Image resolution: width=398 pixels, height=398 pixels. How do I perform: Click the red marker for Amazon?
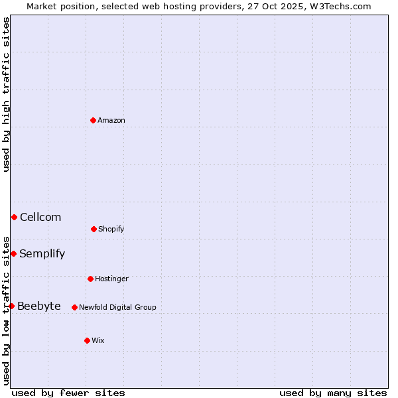click(x=94, y=120)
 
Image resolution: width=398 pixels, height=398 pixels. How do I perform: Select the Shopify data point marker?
click(x=94, y=229)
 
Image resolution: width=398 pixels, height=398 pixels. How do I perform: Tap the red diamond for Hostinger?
click(x=90, y=279)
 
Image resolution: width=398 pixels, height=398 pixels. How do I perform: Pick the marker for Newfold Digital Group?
click(x=74, y=307)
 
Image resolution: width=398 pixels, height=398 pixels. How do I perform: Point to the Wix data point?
click(x=87, y=340)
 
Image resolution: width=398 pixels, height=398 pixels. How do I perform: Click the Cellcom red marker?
click(x=14, y=217)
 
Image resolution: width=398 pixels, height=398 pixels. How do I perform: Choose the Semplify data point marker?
click(x=13, y=253)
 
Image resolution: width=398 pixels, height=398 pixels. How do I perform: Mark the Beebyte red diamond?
click(x=11, y=306)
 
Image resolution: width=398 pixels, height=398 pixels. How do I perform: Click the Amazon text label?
click(x=111, y=120)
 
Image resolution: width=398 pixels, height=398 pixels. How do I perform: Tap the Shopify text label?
click(x=111, y=229)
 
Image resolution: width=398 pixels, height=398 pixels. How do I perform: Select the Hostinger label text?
click(x=111, y=279)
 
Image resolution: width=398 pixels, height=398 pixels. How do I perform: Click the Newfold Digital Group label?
click(x=117, y=307)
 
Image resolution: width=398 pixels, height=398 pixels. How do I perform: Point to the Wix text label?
click(x=98, y=340)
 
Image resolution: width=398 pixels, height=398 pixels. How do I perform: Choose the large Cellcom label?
click(x=40, y=217)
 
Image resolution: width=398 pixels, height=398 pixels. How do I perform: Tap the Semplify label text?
click(x=42, y=253)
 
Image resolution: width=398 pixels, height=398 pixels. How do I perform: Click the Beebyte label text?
click(x=39, y=306)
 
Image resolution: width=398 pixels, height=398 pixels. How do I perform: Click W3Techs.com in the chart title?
click(x=340, y=6)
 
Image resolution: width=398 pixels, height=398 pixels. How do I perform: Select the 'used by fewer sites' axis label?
click(x=68, y=393)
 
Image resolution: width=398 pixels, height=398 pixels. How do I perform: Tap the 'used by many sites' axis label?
click(x=333, y=393)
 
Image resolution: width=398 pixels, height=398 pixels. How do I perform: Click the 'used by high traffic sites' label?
click(x=6, y=94)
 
